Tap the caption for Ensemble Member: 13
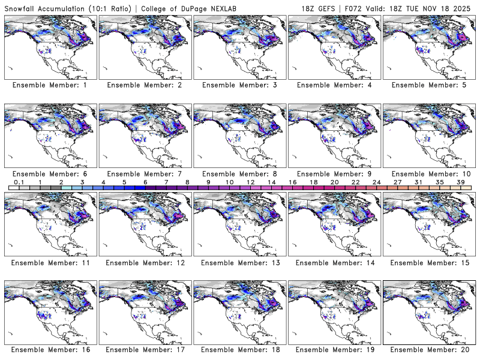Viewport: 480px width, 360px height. [239, 262]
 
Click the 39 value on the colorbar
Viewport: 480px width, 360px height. [460, 182]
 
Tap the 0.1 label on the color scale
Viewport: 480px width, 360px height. [19, 182]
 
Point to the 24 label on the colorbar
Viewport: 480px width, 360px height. [376, 182]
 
